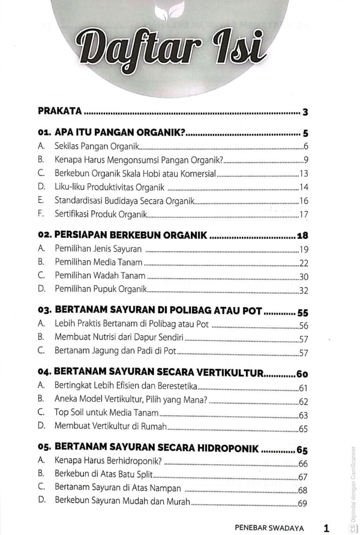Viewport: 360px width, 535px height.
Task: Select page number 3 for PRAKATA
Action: tap(305, 112)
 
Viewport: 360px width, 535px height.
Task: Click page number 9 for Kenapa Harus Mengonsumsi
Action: tap(305, 160)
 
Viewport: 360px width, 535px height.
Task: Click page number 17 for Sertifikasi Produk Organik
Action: tap(304, 214)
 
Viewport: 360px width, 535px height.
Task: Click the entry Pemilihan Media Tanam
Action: tap(98, 262)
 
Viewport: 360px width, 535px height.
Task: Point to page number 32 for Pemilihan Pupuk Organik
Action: tap(303, 290)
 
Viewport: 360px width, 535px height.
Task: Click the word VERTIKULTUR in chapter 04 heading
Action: tap(227, 373)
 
